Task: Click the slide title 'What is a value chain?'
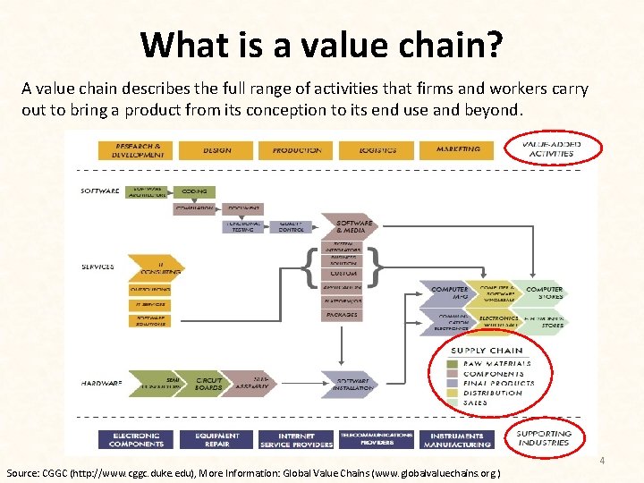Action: point(321,44)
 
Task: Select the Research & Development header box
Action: point(137,150)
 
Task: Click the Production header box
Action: point(296,150)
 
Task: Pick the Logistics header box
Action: point(377,150)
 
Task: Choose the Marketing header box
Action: point(458,150)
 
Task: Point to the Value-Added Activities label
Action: point(551,148)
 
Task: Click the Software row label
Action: point(99,191)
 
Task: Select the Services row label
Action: point(98,267)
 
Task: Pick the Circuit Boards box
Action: point(208,383)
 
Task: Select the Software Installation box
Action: point(351,383)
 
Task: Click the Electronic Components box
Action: point(135,439)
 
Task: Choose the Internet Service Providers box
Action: point(295,439)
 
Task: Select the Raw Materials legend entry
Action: point(496,363)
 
